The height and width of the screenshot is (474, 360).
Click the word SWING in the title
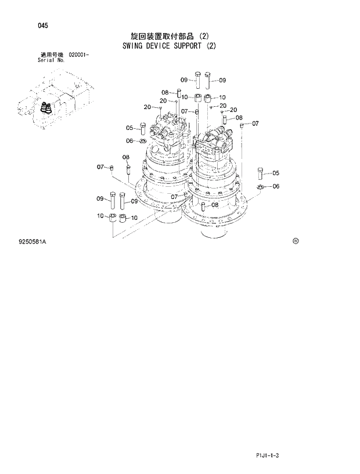[x=136, y=46]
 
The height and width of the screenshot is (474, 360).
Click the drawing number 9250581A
[x=33, y=241]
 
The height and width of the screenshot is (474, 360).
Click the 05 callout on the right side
[x=276, y=172]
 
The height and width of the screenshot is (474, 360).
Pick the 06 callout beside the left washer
[x=129, y=140]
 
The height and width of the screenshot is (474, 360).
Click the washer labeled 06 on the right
[x=260, y=186]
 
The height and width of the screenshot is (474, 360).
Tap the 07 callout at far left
[x=100, y=167]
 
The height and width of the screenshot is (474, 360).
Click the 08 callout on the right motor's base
[x=214, y=205]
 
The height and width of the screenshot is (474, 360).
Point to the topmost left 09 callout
[x=183, y=79]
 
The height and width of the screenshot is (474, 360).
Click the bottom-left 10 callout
[x=100, y=216]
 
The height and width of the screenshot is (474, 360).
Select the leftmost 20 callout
[x=147, y=107]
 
